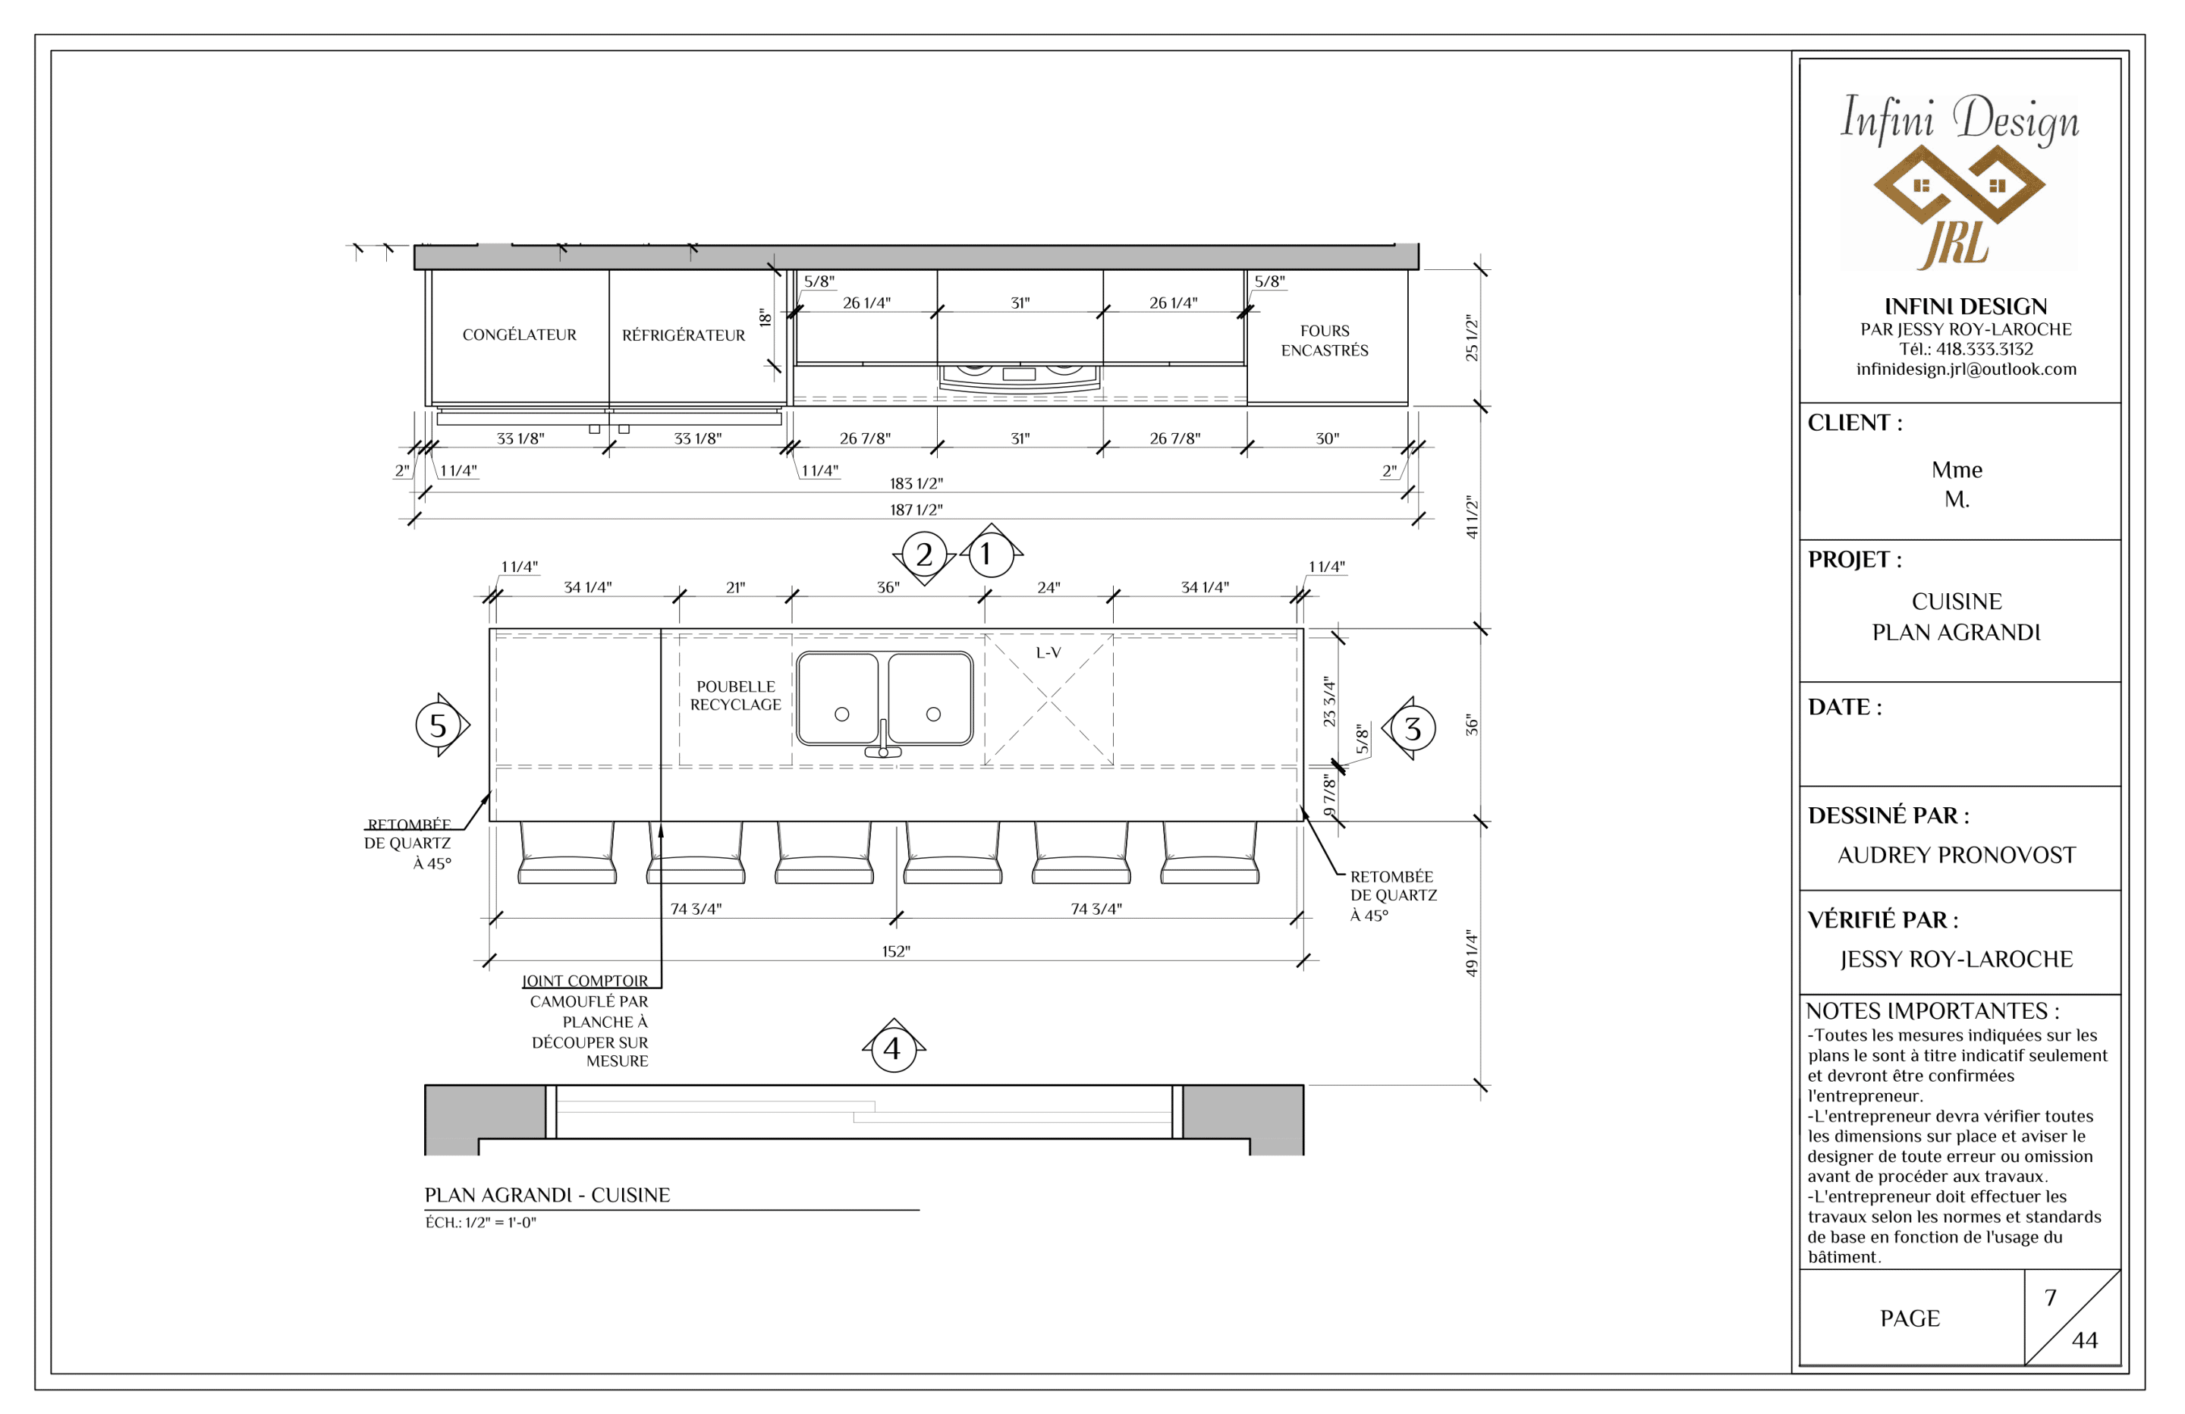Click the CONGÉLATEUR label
(x=519, y=335)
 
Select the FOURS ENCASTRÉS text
(x=1324, y=341)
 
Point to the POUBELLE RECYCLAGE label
(x=735, y=695)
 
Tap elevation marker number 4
(x=892, y=1047)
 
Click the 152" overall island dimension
(x=895, y=952)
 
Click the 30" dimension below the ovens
(x=1327, y=439)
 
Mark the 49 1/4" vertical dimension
(x=1472, y=953)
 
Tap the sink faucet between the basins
(x=883, y=741)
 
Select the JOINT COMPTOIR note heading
(x=585, y=981)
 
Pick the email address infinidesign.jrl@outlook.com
(x=1966, y=369)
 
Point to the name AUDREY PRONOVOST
(x=1957, y=856)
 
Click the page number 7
(x=2050, y=1298)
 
